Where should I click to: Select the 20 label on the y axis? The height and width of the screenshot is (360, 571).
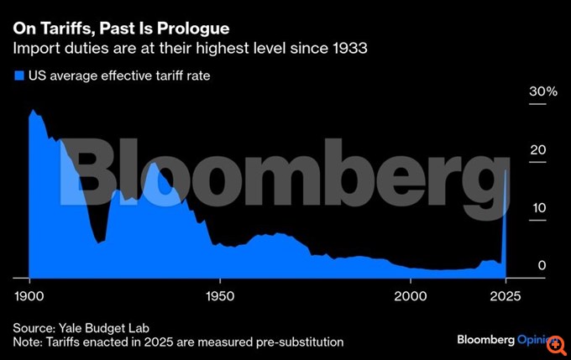point(537,150)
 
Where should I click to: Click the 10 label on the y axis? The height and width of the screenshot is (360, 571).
point(537,208)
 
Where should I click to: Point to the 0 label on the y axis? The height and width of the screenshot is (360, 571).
point(542,266)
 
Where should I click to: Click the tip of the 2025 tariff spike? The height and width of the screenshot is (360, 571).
point(506,170)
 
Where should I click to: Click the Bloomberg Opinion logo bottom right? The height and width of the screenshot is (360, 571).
point(504,340)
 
